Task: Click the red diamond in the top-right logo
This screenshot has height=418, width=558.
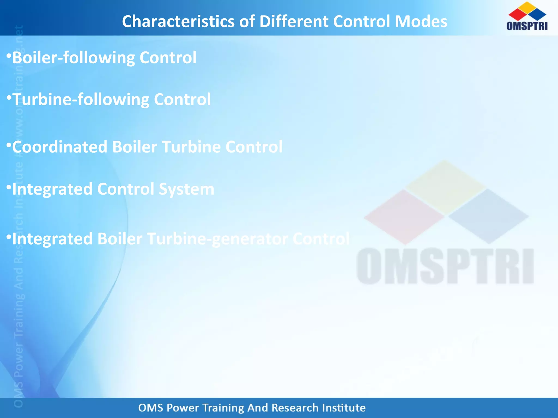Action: [517, 15]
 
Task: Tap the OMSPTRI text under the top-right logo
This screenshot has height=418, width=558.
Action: [527, 26]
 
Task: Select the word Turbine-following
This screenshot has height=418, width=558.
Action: [81, 99]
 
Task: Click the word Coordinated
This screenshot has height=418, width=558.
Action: [60, 147]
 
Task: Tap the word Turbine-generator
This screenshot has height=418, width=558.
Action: [217, 239]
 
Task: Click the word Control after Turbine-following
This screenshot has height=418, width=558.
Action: [182, 99]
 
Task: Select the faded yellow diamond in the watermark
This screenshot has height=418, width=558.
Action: [445, 187]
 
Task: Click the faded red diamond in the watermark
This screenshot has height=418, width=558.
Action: [404, 217]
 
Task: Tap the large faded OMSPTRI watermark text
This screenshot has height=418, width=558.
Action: [445, 266]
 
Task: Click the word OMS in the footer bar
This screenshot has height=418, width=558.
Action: [151, 408]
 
